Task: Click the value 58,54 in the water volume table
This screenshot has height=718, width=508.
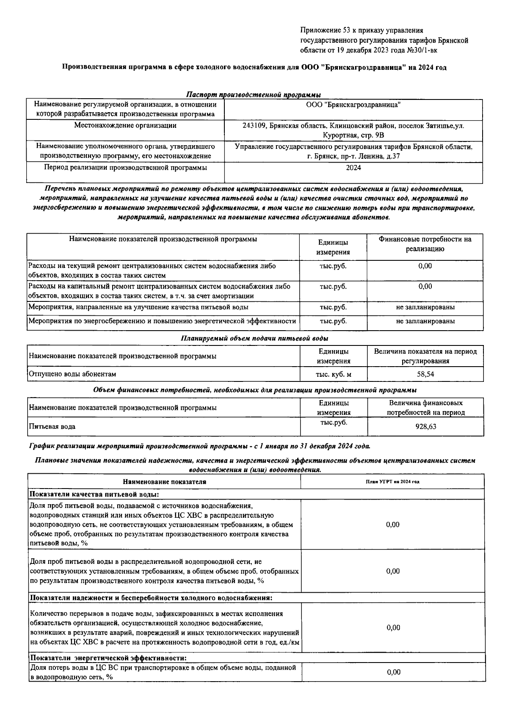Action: point(425,374)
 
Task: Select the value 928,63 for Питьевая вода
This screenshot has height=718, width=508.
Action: point(425,427)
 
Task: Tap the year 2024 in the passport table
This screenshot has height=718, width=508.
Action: point(353,168)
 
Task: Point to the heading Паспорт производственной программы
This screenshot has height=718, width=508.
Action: point(253,95)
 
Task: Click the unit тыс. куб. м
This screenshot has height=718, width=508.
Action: point(334,374)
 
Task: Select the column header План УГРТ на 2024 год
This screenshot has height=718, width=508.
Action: point(392,481)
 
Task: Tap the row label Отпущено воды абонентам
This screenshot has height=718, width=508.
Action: point(72,374)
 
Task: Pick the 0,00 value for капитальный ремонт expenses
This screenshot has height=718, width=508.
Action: point(425,287)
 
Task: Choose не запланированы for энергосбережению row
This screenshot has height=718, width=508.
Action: point(425,321)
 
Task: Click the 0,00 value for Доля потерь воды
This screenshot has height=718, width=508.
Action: point(393,672)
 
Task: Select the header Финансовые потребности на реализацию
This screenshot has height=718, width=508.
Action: point(425,244)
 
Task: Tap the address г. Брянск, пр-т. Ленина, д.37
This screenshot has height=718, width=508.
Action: point(353,156)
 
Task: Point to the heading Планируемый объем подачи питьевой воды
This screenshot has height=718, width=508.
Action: point(254,339)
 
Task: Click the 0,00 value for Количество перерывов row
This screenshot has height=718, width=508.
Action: point(393,628)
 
